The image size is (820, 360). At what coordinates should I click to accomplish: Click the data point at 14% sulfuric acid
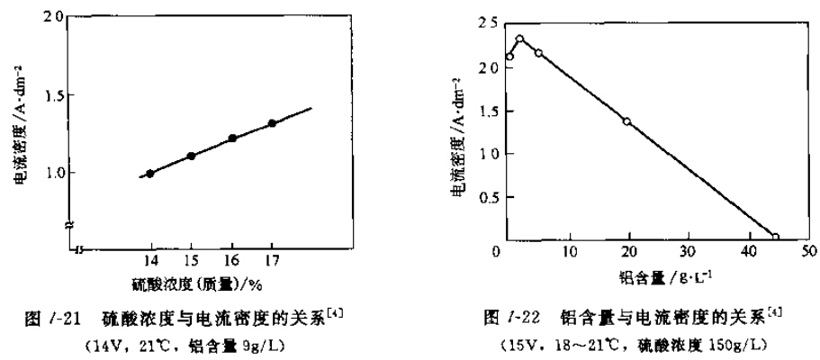[x=150, y=174]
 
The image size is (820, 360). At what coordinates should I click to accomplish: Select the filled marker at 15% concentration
[x=191, y=156]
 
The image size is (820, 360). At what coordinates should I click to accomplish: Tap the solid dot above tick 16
[x=232, y=139]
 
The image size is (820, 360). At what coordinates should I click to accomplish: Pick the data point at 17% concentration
[x=272, y=123]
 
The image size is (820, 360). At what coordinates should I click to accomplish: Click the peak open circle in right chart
[x=519, y=40]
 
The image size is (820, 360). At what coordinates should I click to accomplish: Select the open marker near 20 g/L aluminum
[x=626, y=121]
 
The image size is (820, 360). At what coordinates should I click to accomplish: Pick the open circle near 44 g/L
[x=775, y=238]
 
